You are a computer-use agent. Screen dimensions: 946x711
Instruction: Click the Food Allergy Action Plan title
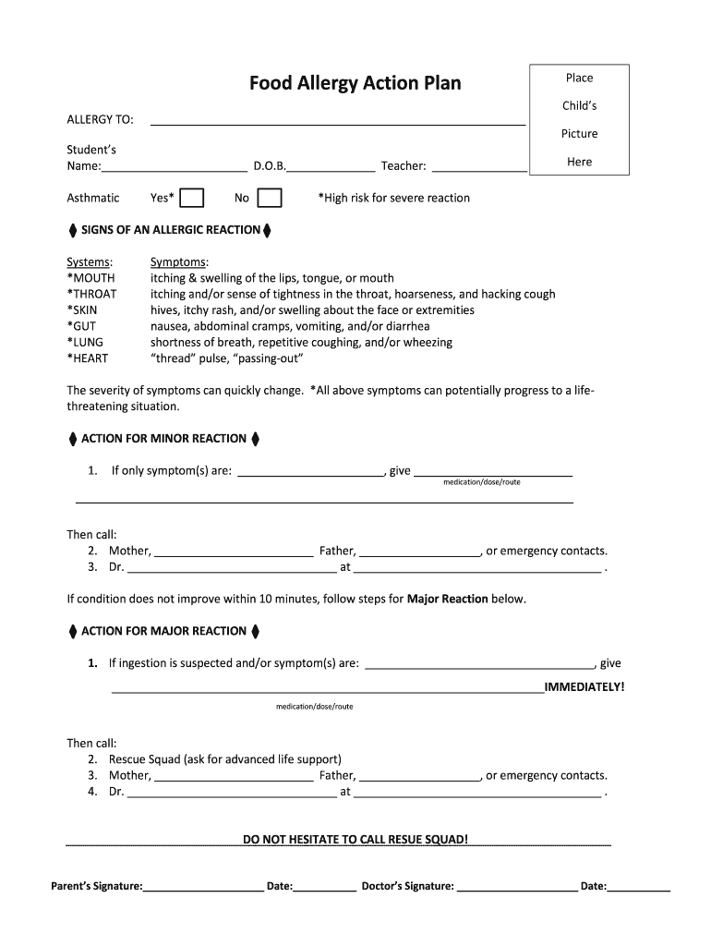(355, 84)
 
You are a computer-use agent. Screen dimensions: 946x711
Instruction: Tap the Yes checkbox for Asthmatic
(192, 198)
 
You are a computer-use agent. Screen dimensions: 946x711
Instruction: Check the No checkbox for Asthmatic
(269, 198)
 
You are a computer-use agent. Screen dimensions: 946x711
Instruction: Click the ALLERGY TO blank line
(337, 120)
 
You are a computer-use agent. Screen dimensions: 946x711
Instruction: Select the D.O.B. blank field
(331, 167)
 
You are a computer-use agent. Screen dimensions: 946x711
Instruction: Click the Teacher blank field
(478, 167)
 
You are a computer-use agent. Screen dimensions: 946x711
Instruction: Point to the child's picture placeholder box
(579, 119)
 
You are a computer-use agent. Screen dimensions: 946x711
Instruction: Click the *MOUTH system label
(90, 278)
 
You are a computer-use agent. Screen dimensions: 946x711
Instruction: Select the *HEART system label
(90, 358)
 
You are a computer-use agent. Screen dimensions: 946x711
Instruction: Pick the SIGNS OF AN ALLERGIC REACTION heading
(171, 229)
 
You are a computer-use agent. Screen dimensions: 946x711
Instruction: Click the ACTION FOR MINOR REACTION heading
(164, 439)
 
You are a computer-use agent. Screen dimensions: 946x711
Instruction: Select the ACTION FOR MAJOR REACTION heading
(164, 632)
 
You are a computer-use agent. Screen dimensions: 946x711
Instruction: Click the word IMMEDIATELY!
(584, 687)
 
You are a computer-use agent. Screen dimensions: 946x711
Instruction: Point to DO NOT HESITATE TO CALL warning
(355, 840)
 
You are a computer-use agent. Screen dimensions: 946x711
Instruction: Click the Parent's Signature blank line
(203, 887)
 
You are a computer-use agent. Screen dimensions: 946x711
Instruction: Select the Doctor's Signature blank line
(517, 887)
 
